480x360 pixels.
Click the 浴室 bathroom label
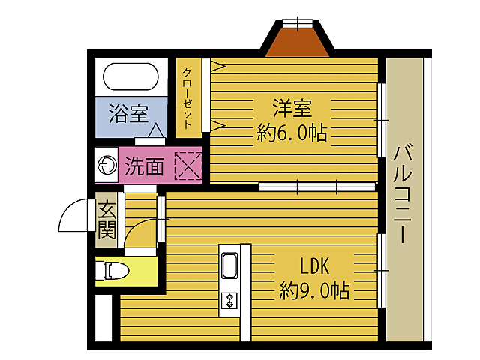point(127,114)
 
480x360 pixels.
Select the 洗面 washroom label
point(144,165)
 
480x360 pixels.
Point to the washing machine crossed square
point(187,165)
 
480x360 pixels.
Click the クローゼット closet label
point(187,97)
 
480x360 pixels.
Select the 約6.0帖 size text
point(292,133)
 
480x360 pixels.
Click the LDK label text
point(314,265)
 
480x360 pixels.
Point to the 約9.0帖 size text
point(314,289)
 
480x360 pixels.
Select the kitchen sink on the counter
point(229,265)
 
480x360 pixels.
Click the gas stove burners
point(229,301)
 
